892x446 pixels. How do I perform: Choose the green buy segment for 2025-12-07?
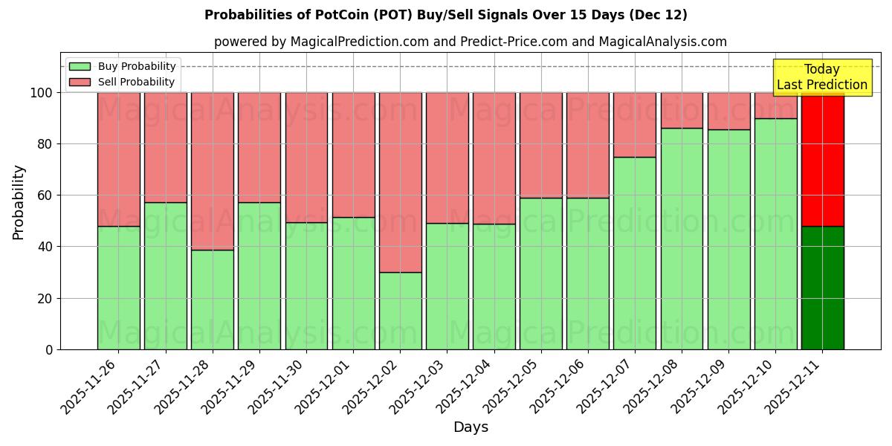635,253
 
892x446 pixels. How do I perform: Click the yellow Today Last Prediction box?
821,77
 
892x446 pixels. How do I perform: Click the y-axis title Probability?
19,202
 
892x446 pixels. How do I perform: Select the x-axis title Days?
471,427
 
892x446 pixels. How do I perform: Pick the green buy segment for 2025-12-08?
682,239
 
